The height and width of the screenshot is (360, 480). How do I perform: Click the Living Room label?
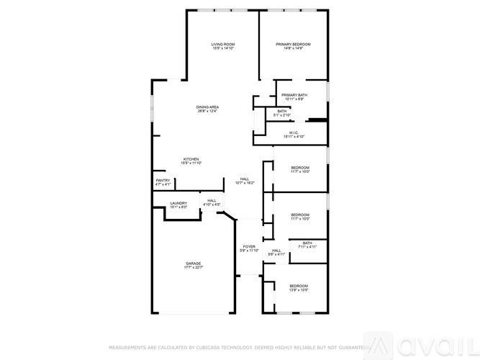point(222,45)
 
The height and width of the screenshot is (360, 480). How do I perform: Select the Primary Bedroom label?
point(293,45)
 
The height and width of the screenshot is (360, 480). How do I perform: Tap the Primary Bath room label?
point(294,95)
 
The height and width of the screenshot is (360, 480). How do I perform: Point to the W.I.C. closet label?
point(294,132)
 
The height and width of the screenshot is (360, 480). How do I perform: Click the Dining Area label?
point(207,107)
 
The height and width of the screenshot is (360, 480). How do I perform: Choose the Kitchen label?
point(191,159)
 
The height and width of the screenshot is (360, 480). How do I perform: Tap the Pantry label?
point(163,181)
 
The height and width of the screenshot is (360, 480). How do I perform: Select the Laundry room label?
point(178,204)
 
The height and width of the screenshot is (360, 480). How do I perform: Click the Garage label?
point(194,264)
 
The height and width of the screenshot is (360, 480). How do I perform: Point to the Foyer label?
point(249,247)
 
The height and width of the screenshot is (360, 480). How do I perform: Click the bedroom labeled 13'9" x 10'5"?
point(299,290)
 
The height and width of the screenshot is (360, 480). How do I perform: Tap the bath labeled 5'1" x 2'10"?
point(281,115)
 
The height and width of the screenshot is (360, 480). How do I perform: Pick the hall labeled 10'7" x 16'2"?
point(245,183)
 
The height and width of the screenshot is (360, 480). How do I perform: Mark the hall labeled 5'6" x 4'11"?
point(276,254)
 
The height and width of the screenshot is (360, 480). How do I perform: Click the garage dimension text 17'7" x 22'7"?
point(194,268)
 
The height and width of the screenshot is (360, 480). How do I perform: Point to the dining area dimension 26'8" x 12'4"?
point(207,112)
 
